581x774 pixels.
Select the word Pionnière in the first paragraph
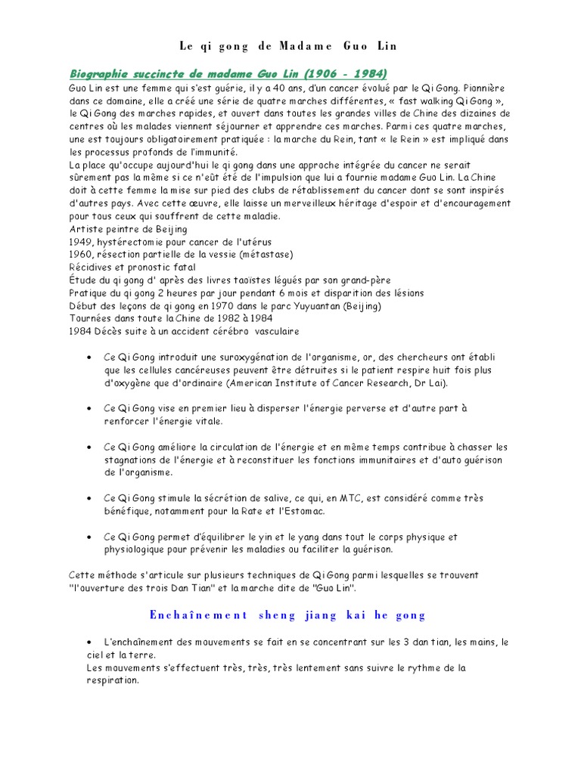click(x=484, y=87)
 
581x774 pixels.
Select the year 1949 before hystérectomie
click(x=80, y=242)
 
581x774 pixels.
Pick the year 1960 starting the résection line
click(x=80, y=255)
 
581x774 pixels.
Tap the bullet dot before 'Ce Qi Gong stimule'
click(x=90, y=499)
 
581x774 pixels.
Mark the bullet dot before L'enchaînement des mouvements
click(x=90, y=642)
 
